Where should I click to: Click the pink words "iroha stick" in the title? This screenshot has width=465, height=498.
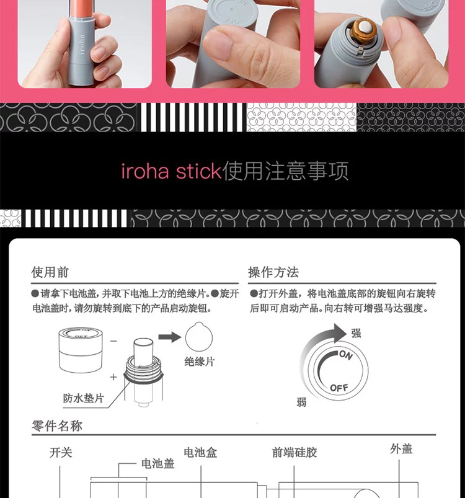(171, 171)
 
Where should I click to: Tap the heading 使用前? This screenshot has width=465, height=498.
(50, 272)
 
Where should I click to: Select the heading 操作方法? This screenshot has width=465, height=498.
(273, 272)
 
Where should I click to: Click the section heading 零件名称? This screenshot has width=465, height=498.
(57, 425)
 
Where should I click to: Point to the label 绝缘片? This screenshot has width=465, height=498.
(200, 362)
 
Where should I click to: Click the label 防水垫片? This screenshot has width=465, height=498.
(84, 398)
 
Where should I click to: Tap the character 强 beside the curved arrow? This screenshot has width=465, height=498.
(356, 333)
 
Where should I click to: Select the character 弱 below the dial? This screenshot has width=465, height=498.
(301, 402)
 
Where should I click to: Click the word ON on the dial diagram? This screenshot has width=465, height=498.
(346, 355)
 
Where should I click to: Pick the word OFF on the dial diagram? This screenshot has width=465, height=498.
(339, 388)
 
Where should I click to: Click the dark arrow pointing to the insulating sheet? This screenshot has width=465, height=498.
(169, 337)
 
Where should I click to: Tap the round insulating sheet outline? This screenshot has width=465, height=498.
(198, 337)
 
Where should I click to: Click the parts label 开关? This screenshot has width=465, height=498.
(61, 453)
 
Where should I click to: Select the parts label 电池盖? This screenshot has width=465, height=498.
(157, 464)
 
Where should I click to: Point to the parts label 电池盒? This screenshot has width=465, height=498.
(200, 453)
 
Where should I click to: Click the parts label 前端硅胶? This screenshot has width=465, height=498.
(294, 453)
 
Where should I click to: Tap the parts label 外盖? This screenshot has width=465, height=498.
(401, 449)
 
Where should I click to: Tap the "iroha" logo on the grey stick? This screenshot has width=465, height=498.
(82, 44)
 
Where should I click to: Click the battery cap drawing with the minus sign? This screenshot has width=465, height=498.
(81, 350)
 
